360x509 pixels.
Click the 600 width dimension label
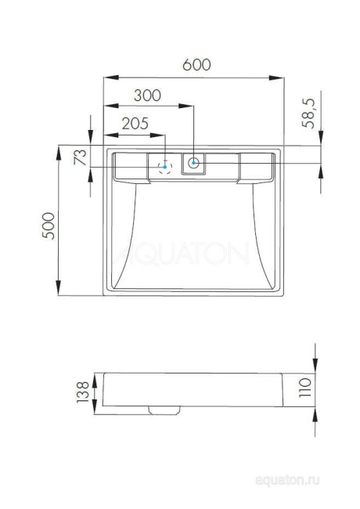196,66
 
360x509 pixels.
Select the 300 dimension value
147,96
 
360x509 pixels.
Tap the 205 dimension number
135,122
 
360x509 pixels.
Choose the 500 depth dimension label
49,227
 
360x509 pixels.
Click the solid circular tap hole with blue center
193,164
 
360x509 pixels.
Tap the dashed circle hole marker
165,166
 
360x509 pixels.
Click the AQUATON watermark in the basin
188,255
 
